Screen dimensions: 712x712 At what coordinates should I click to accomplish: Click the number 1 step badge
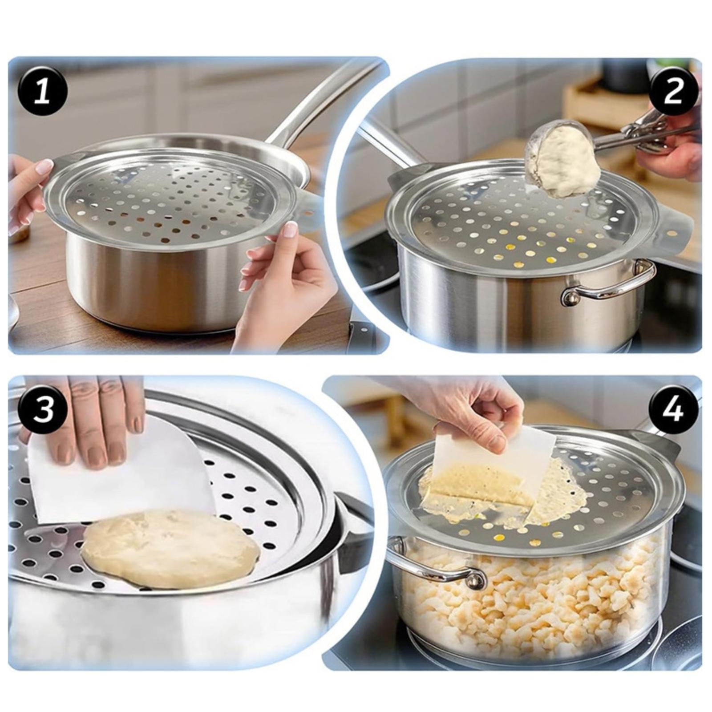43,94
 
